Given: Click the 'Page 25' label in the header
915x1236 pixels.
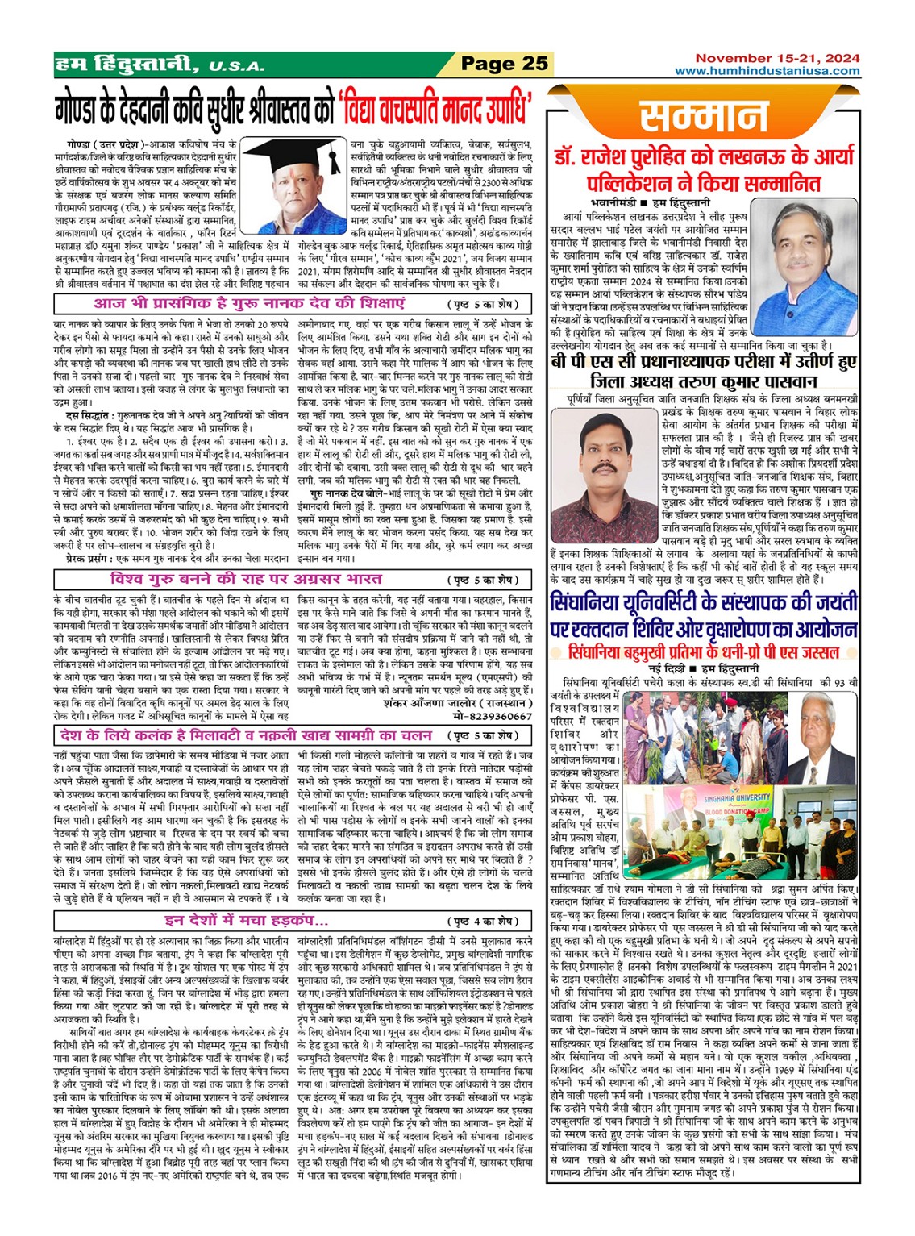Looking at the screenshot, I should point(505,65).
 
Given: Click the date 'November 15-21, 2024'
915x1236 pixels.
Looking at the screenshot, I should point(777,58).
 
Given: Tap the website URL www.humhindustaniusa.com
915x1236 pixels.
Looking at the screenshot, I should point(767,71).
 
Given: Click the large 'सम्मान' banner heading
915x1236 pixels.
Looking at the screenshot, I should point(704,118).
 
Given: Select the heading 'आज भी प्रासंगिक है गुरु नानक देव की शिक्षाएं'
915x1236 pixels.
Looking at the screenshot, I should point(249,304).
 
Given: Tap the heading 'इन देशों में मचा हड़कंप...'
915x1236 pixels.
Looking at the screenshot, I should point(246,921).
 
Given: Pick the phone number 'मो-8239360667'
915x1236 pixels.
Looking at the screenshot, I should point(492,716).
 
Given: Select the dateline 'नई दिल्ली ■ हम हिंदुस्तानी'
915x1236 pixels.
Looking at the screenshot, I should point(703,668).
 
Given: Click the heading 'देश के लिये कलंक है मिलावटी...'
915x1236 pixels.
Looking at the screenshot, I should point(246,735).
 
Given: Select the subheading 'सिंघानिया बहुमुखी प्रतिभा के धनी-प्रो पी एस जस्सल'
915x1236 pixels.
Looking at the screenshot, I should point(703,651).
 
